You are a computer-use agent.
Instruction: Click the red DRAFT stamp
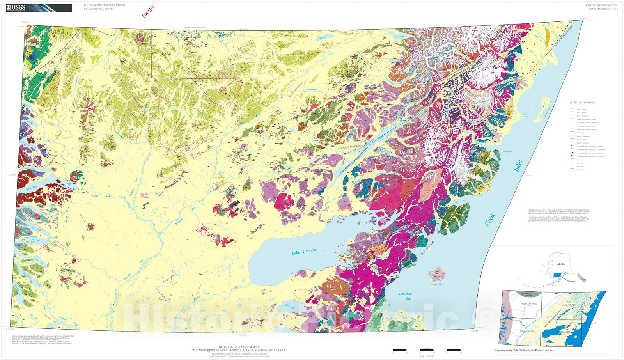(148, 11)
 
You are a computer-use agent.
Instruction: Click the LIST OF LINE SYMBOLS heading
(581, 103)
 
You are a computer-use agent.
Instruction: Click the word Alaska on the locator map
(561, 264)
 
